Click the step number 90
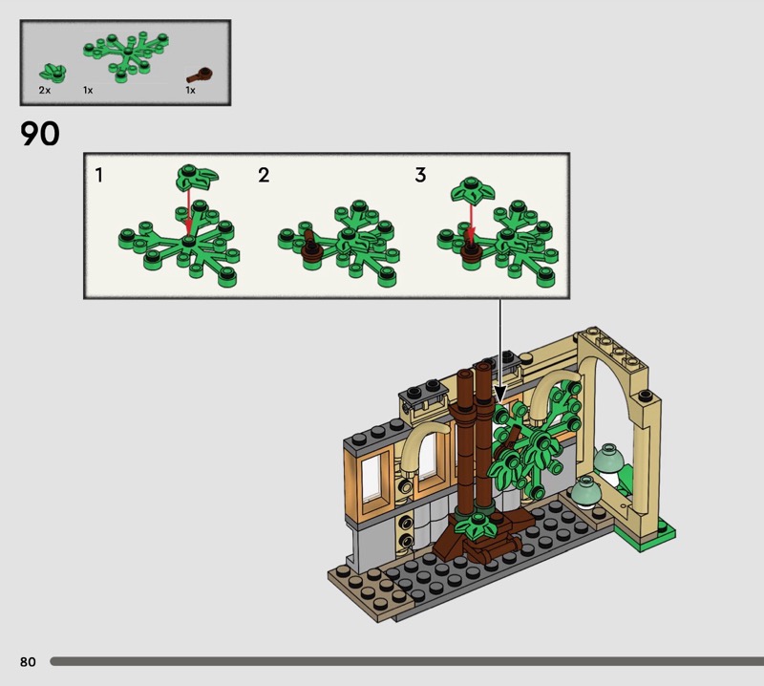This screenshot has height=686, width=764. click(x=40, y=134)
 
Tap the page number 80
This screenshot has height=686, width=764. click(x=28, y=661)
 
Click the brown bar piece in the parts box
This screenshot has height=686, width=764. click(x=200, y=75)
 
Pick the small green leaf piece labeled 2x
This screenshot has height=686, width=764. click(x=53, y=74)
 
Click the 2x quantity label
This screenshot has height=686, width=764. click(x=45, y=90)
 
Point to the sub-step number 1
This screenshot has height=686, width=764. click(x=99, y=175)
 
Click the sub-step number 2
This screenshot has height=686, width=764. click(x=264, y=175)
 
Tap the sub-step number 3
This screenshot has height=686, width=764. click(x=420, y=175)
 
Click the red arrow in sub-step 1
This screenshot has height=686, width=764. click(x=188, y=214)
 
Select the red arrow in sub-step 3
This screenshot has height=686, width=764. click(x=470, y=221)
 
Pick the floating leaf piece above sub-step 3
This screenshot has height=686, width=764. click(x=472, y=189)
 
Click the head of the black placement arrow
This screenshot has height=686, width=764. click(x=500, y=394)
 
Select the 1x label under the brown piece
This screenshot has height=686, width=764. click(x=190, y=90)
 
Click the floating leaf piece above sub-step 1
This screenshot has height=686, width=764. click(x=197, y=178)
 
